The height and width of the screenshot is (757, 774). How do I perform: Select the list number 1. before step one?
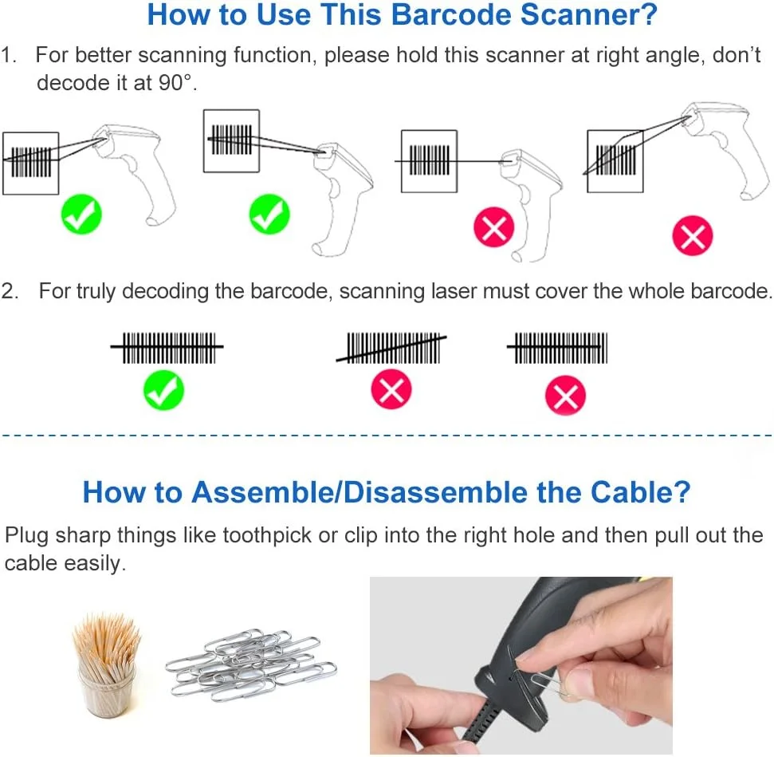[x=9, y=55]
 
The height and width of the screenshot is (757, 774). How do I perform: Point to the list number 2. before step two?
[x=10, y=291]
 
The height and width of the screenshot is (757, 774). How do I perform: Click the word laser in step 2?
[x=454, y=291]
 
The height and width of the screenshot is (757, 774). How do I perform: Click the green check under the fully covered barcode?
[x=163, y=390]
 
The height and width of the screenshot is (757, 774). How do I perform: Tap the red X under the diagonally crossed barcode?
[x=391, y=389]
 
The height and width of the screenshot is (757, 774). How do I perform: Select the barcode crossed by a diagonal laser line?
[x=391, y=348]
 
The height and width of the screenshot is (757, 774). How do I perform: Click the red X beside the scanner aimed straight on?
[x=493, y=227]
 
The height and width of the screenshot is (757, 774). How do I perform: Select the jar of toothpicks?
[x=107, y=664]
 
